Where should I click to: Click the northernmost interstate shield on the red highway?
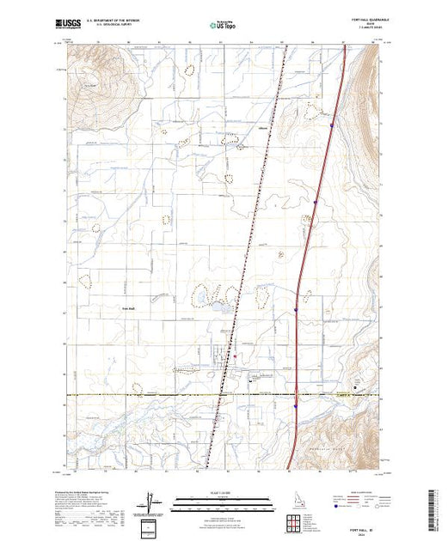click(333, 124)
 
